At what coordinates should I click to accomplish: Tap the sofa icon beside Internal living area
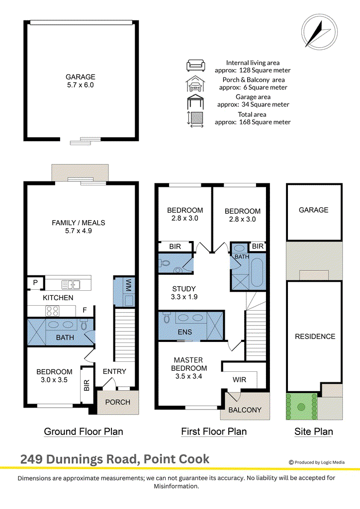(x=195, y=65)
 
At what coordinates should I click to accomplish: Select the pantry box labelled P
(x=35, y=283)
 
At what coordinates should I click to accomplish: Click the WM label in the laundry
(x=128, y=285)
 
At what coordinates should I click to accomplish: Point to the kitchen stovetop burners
(x=53, y=311)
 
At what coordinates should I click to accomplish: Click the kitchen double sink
(x=71, y=285)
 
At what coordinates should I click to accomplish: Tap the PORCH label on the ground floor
(x=117, y=402)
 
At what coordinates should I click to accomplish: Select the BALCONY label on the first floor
(x=245, y=410)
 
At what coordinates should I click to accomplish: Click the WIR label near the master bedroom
(x=239, y=380)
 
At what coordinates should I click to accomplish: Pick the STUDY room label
(x=184, y=289)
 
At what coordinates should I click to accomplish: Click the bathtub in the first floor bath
(x=257, y=272)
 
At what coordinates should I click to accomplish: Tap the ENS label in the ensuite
(x=184, y=332)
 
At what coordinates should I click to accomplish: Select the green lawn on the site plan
(x=301, y=407)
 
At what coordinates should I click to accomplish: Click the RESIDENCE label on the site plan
(x=315, y=337)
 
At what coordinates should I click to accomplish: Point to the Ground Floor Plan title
(x=84, y=432)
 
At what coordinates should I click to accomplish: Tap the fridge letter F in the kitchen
(x=85, y=310)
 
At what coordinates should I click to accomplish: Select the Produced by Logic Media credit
(x=317, y=462)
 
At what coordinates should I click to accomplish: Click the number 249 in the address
(x=31, y=459)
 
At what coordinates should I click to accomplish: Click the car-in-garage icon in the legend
(x=195, y=84)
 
